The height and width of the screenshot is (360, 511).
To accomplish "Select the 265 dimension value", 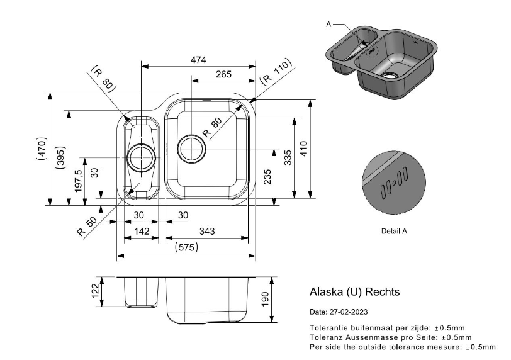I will [223, 74].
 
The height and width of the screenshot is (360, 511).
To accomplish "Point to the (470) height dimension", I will [42, 149].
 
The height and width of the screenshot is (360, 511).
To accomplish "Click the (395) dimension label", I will [60, 157].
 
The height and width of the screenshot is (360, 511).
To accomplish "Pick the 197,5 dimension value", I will [79, 181].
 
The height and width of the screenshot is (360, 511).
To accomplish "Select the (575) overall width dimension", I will [186, 248].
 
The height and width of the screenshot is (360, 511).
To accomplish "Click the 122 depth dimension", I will [95, 291].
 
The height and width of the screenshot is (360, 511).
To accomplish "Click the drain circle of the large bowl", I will [191, 149].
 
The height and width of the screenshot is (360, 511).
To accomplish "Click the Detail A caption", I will [395, 231].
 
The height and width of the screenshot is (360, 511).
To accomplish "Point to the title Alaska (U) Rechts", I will [354, 292].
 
